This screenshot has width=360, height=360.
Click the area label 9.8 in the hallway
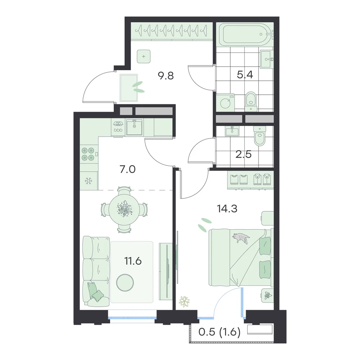pyautogui.click(x=166, y=76)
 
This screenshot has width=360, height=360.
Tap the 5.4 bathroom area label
pyautogui.click(x=245, y=75)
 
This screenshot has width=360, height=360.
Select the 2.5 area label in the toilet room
pyautogui.click(x=244, y=154)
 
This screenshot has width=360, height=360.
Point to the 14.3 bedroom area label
pyautogui.click(x=227, y=209)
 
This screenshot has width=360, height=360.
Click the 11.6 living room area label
pyautogui.click(x=133, y=261)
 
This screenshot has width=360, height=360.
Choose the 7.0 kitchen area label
pyautogui.click(x=128, y=170)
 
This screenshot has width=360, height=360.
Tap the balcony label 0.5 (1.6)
pyautogui.click(x=219, y=332)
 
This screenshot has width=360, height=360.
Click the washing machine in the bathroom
pyautogui.click(x=225, y=102)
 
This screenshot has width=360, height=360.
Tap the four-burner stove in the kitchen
pyautogui.click(x=88, y=154)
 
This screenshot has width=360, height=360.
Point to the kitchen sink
pyautogui.click(x=134, y=127)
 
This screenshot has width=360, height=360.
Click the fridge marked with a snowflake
pyautogui.click(x=89, y=181)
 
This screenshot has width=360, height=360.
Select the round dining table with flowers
pyautogui.click(x=124, y=210)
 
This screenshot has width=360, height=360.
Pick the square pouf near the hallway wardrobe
pyautogui.click(x=144, y=57)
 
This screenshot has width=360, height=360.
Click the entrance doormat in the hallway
pyautogui.click(x=129, y=88)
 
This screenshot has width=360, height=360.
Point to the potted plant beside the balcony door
pyautogui.click(x=185, y=301)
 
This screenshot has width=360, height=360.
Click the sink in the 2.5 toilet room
pyautogui.click(x=232, y=131)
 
